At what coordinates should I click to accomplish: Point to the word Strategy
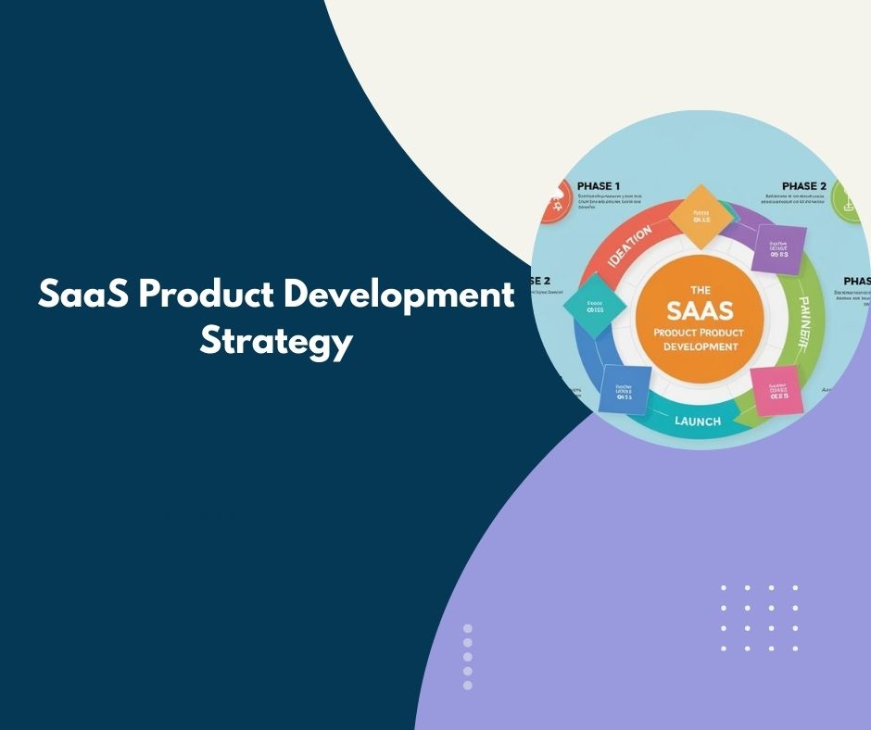click(x=276, y=340)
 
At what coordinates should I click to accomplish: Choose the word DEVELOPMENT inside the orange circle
click(x=701, y=346)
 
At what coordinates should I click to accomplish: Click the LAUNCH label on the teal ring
click(x=697, y=421)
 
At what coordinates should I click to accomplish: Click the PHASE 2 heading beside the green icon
click(x=804, y=186)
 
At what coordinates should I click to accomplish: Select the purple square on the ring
click(x=776, y=246)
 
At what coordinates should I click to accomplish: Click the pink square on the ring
click(x=775, y=390)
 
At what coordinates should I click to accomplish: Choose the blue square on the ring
click(x=625, y=388)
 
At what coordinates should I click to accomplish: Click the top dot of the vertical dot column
click(x=467, y=628)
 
